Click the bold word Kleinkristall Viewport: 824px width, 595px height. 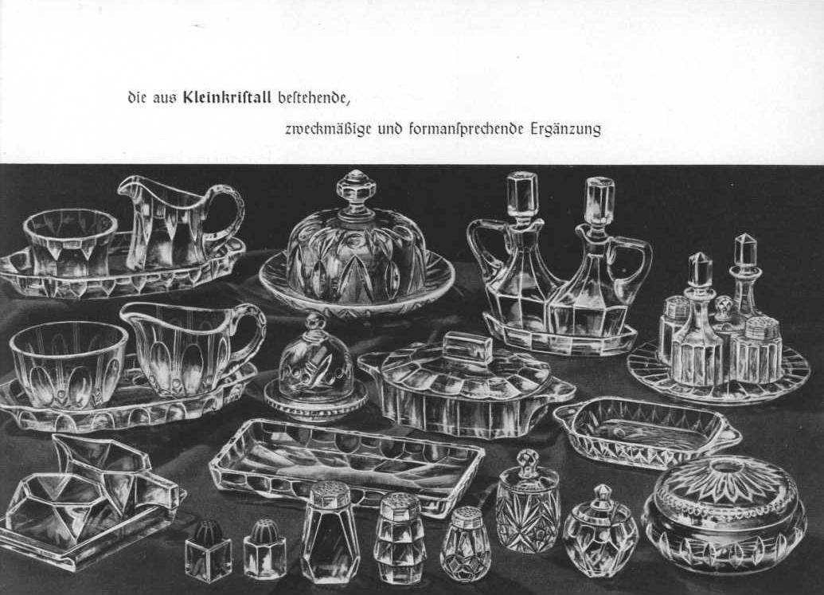(x=226, y=97)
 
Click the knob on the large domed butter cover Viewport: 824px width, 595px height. (x=355, y=186)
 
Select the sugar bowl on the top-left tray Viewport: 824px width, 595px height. (x=69, y=245)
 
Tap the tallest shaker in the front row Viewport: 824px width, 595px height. (x=330, y=532)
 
